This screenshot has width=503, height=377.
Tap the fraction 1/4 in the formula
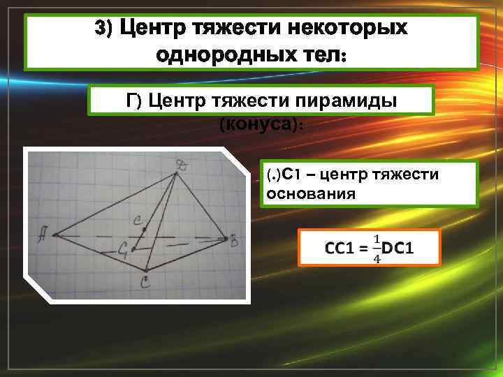pyautogui.click(x=377, y=249)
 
